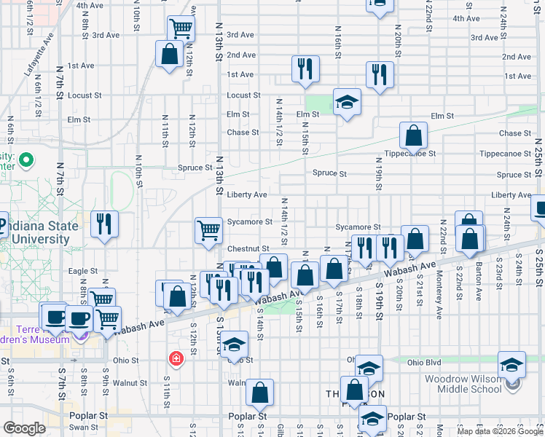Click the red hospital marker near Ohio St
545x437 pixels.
click(176, 358)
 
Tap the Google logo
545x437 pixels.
click(24, 428)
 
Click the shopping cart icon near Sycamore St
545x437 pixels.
click(208, 230)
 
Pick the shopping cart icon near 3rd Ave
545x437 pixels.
click(181, 29)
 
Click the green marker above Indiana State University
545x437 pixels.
click(27, 160)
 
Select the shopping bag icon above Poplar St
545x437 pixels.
click(259, 393)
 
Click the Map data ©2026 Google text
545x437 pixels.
click(499, 431)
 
